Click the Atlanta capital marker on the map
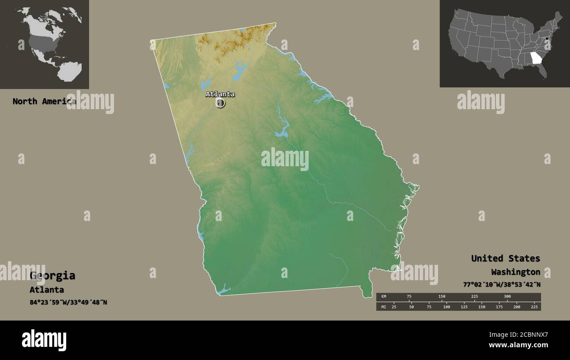(x=220, y=103)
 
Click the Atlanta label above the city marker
(x=220, y=94)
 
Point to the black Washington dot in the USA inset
(x=547, y=40)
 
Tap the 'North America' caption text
(x=44, y=101)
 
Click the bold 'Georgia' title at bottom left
(x=52, y=276)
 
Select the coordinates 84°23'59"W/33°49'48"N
(x=68, y=303)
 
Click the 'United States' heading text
(x=506, y=258)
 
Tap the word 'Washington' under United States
(x=515, y=272)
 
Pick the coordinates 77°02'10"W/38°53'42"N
(x=502, y=284)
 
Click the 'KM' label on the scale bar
(x=384, y=297)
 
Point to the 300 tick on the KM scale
(x=507, y=297)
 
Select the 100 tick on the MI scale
(x=446, y=307)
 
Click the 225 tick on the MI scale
(x=534, y=307)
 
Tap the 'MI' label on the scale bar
(x=384, y=307)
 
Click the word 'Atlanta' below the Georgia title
(x=46, y=290)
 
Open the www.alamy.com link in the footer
(x=519, y=345)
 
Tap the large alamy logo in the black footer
(x=44, y=340)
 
